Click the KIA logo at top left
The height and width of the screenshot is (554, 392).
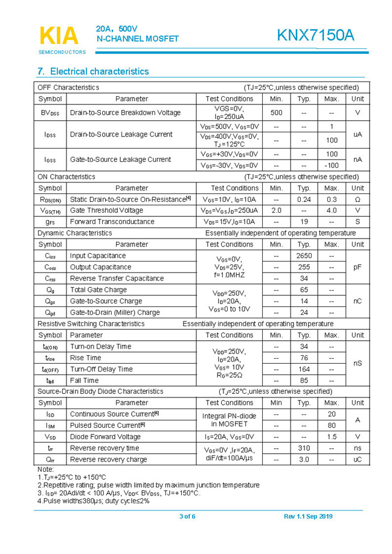59,36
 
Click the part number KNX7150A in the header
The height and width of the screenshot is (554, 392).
316,36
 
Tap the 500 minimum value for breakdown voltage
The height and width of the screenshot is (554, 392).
276,113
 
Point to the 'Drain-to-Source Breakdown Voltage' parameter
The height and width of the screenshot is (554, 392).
125,113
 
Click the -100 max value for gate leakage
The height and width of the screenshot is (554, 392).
331,166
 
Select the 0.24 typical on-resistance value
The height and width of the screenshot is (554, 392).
304,199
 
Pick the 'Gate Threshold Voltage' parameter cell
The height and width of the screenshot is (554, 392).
107,210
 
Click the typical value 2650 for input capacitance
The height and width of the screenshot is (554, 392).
304,256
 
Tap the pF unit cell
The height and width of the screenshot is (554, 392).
357,267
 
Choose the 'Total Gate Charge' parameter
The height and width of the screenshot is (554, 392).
98,290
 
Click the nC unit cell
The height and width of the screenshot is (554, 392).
357,301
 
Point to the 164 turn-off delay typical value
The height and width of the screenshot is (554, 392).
304,369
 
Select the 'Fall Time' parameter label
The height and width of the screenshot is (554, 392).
85,381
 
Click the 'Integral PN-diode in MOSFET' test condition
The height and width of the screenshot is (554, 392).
229,420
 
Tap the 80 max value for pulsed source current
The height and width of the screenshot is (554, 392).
331,425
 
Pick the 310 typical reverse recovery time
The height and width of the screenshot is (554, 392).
304,448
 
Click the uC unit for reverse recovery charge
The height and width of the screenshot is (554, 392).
357,460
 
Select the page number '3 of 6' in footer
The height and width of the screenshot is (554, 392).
188,516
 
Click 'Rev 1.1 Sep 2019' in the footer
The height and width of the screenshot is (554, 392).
308,516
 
